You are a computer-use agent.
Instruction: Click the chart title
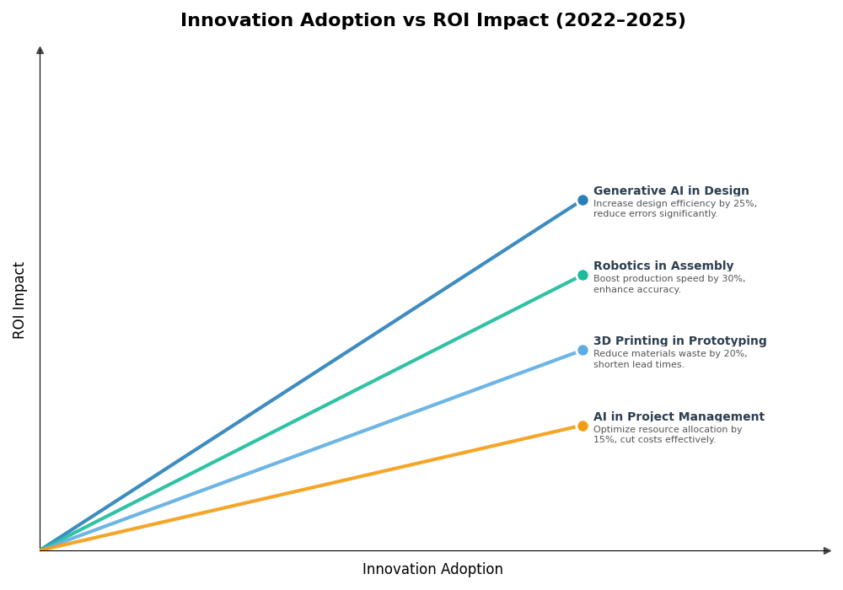(432, 20)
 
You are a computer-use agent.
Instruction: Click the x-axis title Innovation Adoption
(432, 570)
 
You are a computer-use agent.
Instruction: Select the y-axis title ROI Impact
(19, 300)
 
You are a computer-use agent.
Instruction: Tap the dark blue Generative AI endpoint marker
(583, 201)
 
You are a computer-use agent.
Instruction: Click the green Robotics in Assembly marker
(583, 275)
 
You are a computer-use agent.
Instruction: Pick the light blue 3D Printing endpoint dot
(583, 350)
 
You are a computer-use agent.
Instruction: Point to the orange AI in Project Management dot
(583, 426)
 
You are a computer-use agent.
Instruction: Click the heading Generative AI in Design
(671, 191)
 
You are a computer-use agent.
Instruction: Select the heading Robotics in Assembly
(663, 266)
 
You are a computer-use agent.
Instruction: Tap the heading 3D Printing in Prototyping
(679, 341)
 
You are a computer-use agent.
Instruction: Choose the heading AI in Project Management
(679, 417)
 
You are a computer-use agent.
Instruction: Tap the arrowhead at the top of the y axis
(40, 51)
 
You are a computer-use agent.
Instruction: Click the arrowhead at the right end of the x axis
(827, 550)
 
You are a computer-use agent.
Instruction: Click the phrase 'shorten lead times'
(638, 365)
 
